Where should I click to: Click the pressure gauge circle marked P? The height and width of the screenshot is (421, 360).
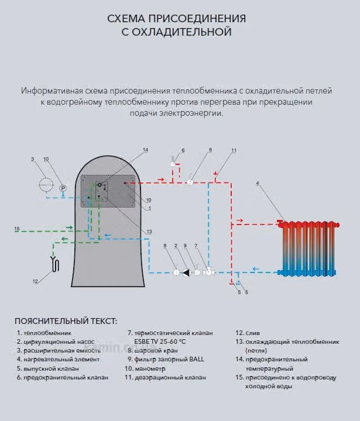tap(63, 188)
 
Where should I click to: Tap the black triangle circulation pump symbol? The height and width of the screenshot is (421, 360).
tap(187, 272)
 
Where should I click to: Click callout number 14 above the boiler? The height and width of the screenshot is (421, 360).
tap(145, 150)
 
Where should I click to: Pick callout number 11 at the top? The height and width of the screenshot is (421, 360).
tap(234, 150)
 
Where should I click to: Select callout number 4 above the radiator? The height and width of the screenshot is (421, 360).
tap(258, 184)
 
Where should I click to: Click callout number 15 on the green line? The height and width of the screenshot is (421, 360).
tap(17, 229)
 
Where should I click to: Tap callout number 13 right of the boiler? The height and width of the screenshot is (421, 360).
tap(149, 232)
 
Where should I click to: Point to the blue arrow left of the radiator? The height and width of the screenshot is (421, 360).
tap(255, 269)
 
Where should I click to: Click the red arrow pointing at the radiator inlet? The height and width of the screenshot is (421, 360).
tap(239, 220)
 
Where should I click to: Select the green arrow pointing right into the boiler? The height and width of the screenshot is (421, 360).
tap(69, 227)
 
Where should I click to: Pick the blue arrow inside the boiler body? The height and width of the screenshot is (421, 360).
tap(108, 236)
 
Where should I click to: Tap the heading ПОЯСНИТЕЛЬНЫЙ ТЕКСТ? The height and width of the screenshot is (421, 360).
tap(66, 321)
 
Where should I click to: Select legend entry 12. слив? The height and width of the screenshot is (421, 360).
tap(248, 333)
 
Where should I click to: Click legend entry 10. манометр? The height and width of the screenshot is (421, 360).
tap(145, 369)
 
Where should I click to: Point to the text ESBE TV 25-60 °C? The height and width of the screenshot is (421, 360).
tap(160, 341)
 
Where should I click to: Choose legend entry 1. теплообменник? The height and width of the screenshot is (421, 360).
tap(44, 333)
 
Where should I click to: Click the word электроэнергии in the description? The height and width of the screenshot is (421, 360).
tap(191, 113)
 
